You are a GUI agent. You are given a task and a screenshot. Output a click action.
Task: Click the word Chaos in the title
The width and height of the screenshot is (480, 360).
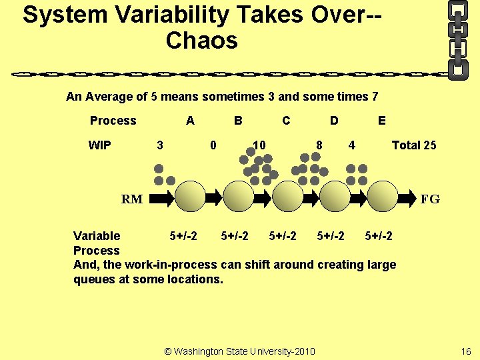[x=201, y=41]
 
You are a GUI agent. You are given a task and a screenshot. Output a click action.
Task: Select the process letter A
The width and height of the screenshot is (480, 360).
[x=190, y=121]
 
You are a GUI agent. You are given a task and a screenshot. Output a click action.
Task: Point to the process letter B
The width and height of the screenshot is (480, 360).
[x=237, y=121]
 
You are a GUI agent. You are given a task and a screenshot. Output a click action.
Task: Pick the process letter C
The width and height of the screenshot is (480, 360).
[x=286, y=121]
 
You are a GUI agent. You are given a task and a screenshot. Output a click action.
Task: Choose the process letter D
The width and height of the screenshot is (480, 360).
[x=334, y=121]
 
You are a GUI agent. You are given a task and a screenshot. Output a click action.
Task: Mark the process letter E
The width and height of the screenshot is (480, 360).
[x=381, y=121]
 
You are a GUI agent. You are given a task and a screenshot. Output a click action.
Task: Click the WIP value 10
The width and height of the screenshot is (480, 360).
[x=259, y=145]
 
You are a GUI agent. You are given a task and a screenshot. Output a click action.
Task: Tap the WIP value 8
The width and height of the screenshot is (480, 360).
[x=319, y=145]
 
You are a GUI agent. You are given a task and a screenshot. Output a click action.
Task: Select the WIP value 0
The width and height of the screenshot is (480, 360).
[x=213, y=145]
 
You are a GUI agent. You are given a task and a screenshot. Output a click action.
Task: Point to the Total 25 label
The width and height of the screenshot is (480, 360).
[x=413, y=145]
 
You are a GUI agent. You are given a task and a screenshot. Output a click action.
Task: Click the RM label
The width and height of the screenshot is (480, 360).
[x=131, y=199]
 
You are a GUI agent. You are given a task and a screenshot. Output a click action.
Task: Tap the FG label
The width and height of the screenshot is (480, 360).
[x=429, y=199]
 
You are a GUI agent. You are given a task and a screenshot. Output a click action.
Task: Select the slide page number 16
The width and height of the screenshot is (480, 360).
[x=465, y=351]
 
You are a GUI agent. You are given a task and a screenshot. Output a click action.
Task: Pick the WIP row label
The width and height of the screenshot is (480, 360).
[x=100, y=145]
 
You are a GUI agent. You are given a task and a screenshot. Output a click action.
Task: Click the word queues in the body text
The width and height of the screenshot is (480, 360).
[x=93, y=279]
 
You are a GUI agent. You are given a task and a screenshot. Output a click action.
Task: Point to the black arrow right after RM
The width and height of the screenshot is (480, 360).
[x=163, y=197]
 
